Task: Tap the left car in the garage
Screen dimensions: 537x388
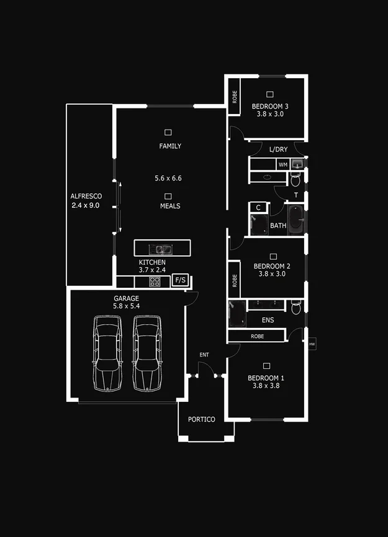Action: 108,353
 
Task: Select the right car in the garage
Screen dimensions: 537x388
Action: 147,353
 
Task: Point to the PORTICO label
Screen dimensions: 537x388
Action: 201,420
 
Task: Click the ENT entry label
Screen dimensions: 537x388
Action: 204,355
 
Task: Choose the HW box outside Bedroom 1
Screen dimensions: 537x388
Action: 312,343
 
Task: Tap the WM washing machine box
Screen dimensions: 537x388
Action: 283,164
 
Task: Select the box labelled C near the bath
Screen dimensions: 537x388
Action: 258,208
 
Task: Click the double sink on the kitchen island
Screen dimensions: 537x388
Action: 163,250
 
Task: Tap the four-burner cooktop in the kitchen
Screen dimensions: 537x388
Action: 155,282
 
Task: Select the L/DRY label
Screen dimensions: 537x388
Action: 278,150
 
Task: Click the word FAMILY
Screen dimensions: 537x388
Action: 170,146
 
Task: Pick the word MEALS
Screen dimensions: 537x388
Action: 170,206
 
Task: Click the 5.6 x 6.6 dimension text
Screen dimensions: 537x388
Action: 168,179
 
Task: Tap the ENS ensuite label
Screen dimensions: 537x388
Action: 268,321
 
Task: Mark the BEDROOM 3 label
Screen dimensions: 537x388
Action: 270,107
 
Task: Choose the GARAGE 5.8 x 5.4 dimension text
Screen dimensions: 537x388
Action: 127,306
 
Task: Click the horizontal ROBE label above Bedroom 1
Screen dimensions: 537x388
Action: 257,336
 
